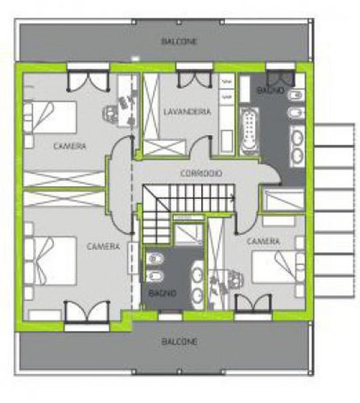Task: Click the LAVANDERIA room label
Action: [188, 112]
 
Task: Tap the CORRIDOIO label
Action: [201, 173]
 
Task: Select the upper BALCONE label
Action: [180, 42]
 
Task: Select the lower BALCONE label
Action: [180, 342]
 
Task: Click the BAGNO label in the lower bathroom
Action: [162, 293]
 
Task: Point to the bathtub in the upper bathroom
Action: [249, 131]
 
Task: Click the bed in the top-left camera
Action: [50, 118]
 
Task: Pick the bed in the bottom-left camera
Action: [51, 261]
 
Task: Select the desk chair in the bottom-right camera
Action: [235, 279]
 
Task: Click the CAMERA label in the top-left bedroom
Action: [69, 146]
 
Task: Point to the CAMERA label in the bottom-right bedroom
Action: [263, 241]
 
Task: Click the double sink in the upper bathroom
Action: [297, 146]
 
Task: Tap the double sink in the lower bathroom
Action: [197, 284]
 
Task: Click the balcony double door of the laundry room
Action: [195, 80]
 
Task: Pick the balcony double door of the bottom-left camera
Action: [87, 311]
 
